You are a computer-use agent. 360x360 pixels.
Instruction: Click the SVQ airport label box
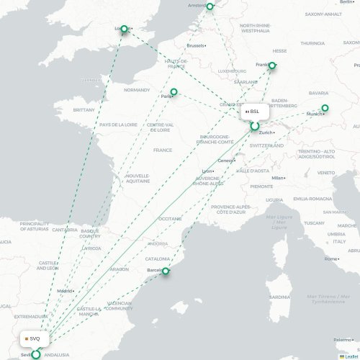click(x=33, y=338)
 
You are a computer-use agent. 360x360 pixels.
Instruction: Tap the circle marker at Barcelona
click(x=166, y=271)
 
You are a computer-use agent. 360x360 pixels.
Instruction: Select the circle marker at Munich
click(x=325, y=108)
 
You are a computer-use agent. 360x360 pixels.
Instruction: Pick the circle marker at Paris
click(x=174, y=91)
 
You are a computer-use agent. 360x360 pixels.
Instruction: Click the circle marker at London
click(x=124, y=30)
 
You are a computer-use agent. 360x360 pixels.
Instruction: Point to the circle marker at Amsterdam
click(x=210, y=6)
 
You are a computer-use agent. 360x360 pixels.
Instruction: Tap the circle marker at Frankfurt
click(x=271, y=66)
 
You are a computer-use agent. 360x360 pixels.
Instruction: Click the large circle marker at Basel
click(x=254, y=127)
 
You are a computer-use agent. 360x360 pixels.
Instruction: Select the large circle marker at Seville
click(x=35, y=354)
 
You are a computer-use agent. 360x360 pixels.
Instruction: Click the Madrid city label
click(x=65, y=291)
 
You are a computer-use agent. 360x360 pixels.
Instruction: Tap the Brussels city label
click(x=196, y=45)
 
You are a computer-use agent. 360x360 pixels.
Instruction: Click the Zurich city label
click(x=266, y=132)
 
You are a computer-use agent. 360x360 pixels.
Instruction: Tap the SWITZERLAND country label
click(x=267, y=145)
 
